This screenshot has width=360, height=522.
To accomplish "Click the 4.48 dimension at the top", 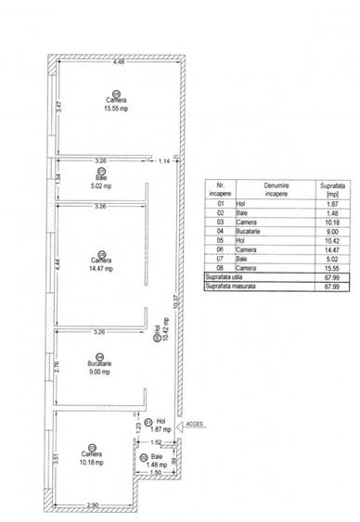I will (119, 62).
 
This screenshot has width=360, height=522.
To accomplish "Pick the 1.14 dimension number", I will (164, 163).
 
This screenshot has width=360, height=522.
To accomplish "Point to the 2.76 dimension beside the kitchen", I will (58, 367).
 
